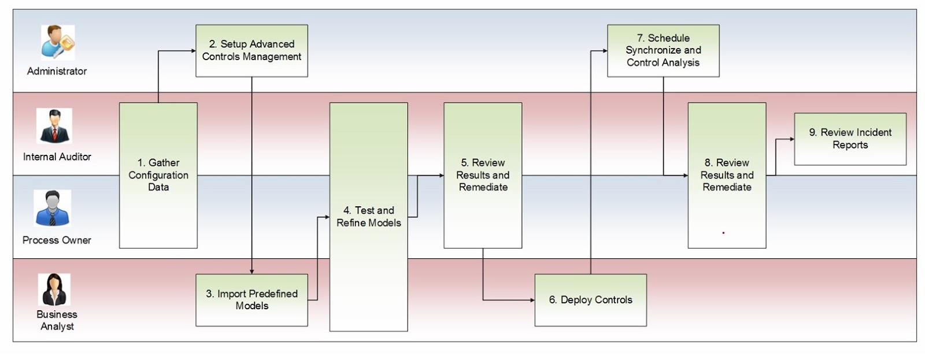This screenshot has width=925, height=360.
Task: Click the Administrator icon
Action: (x=57, y=42)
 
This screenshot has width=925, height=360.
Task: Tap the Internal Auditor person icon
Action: (x=54, y=126)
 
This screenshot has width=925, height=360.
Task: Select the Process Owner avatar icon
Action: (x=52, y=208)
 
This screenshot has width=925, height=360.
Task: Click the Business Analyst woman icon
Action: (x=54, y=290)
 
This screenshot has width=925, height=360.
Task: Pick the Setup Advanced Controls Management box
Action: (x=251, y=50)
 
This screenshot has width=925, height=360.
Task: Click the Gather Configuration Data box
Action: (x=158, y=175)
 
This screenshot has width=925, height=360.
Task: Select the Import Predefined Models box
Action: (x=251, y=300)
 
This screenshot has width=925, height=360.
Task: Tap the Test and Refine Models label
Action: (x=368, y=217)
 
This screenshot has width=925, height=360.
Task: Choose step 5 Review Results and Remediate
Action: (x=483, y=175)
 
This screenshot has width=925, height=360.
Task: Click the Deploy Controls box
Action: (x=590, y=300)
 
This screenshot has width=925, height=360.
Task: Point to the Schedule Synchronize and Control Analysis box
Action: (x=663, y=50)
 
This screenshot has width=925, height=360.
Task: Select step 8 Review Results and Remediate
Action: (x=727, y=175)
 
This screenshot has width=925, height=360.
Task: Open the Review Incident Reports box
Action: (x=850, y=139)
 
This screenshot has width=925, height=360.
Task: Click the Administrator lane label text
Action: (x=57, y=71)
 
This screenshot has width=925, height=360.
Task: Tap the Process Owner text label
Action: (x=57, y=240)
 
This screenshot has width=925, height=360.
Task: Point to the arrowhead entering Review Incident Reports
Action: (x=792, y=139)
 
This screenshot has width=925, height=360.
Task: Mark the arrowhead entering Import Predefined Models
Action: (x=251, y=272)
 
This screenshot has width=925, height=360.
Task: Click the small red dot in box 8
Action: (x=723, y=233)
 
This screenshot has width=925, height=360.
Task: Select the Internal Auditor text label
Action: (x=57, y=157)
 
